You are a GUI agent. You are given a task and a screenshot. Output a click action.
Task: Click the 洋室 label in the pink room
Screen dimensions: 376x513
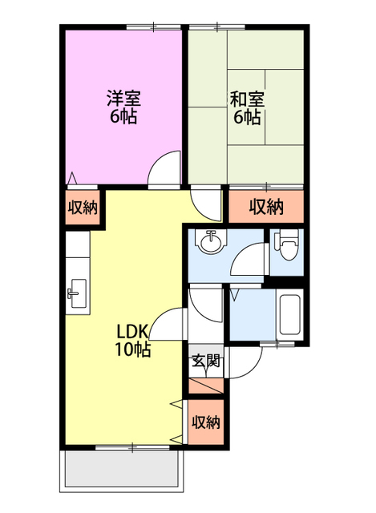pos(123,98)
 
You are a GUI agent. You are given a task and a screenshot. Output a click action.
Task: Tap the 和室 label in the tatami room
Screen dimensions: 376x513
pos(247,99)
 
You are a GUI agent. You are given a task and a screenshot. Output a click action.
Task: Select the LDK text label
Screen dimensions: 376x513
pos(133,332)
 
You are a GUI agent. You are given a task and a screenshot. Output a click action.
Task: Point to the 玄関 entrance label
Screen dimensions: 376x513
pos(205,362)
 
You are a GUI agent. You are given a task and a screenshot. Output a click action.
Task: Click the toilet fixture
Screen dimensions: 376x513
pos(287,244)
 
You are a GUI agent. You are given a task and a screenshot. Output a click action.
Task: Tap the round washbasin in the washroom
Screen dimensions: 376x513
pos(210,241)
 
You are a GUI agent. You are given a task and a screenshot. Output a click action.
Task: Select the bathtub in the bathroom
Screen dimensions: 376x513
pos(290,315)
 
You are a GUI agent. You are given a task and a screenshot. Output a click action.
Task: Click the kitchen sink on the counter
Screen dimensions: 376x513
pos(77,293)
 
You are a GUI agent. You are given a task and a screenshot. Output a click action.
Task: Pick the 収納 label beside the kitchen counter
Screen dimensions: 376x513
pos(83,208)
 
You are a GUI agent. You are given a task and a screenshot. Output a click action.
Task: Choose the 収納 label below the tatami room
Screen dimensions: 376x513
pos(266,207)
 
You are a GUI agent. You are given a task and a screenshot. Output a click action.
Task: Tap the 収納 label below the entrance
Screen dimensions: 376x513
pos(206,422)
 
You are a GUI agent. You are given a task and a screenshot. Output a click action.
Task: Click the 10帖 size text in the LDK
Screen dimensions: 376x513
pos(132,349)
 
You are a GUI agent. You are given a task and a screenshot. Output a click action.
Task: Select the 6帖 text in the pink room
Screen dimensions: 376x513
pos(123,116)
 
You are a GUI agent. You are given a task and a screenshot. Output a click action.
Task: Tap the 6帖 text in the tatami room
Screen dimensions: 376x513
pos(247,117)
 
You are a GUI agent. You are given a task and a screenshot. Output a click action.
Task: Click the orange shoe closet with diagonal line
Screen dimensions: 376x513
pos(206,386)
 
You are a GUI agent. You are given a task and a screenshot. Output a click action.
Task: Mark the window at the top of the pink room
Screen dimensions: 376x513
pos(153,27)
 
